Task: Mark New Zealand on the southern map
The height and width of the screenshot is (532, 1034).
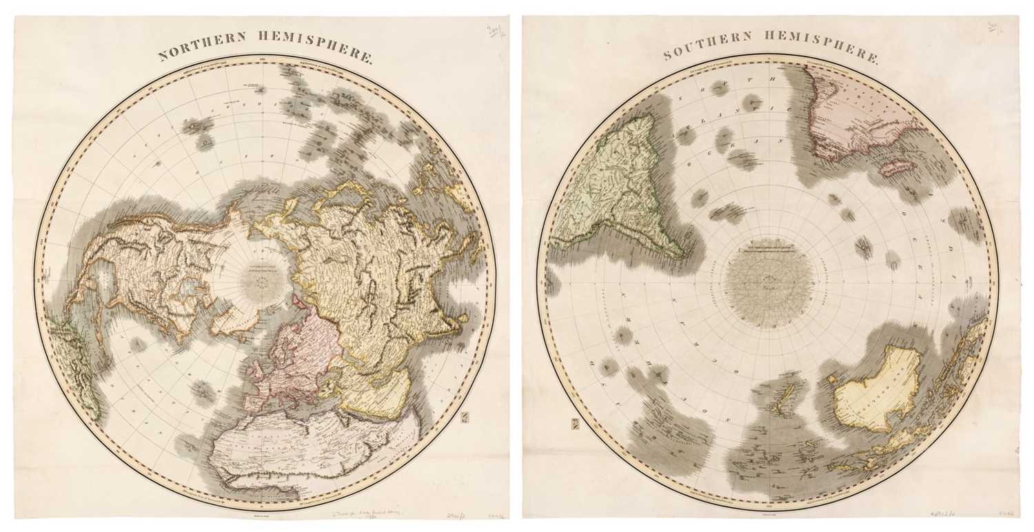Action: [x=785, y=402]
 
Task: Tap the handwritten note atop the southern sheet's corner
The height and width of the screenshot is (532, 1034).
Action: [x=995, y=28]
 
